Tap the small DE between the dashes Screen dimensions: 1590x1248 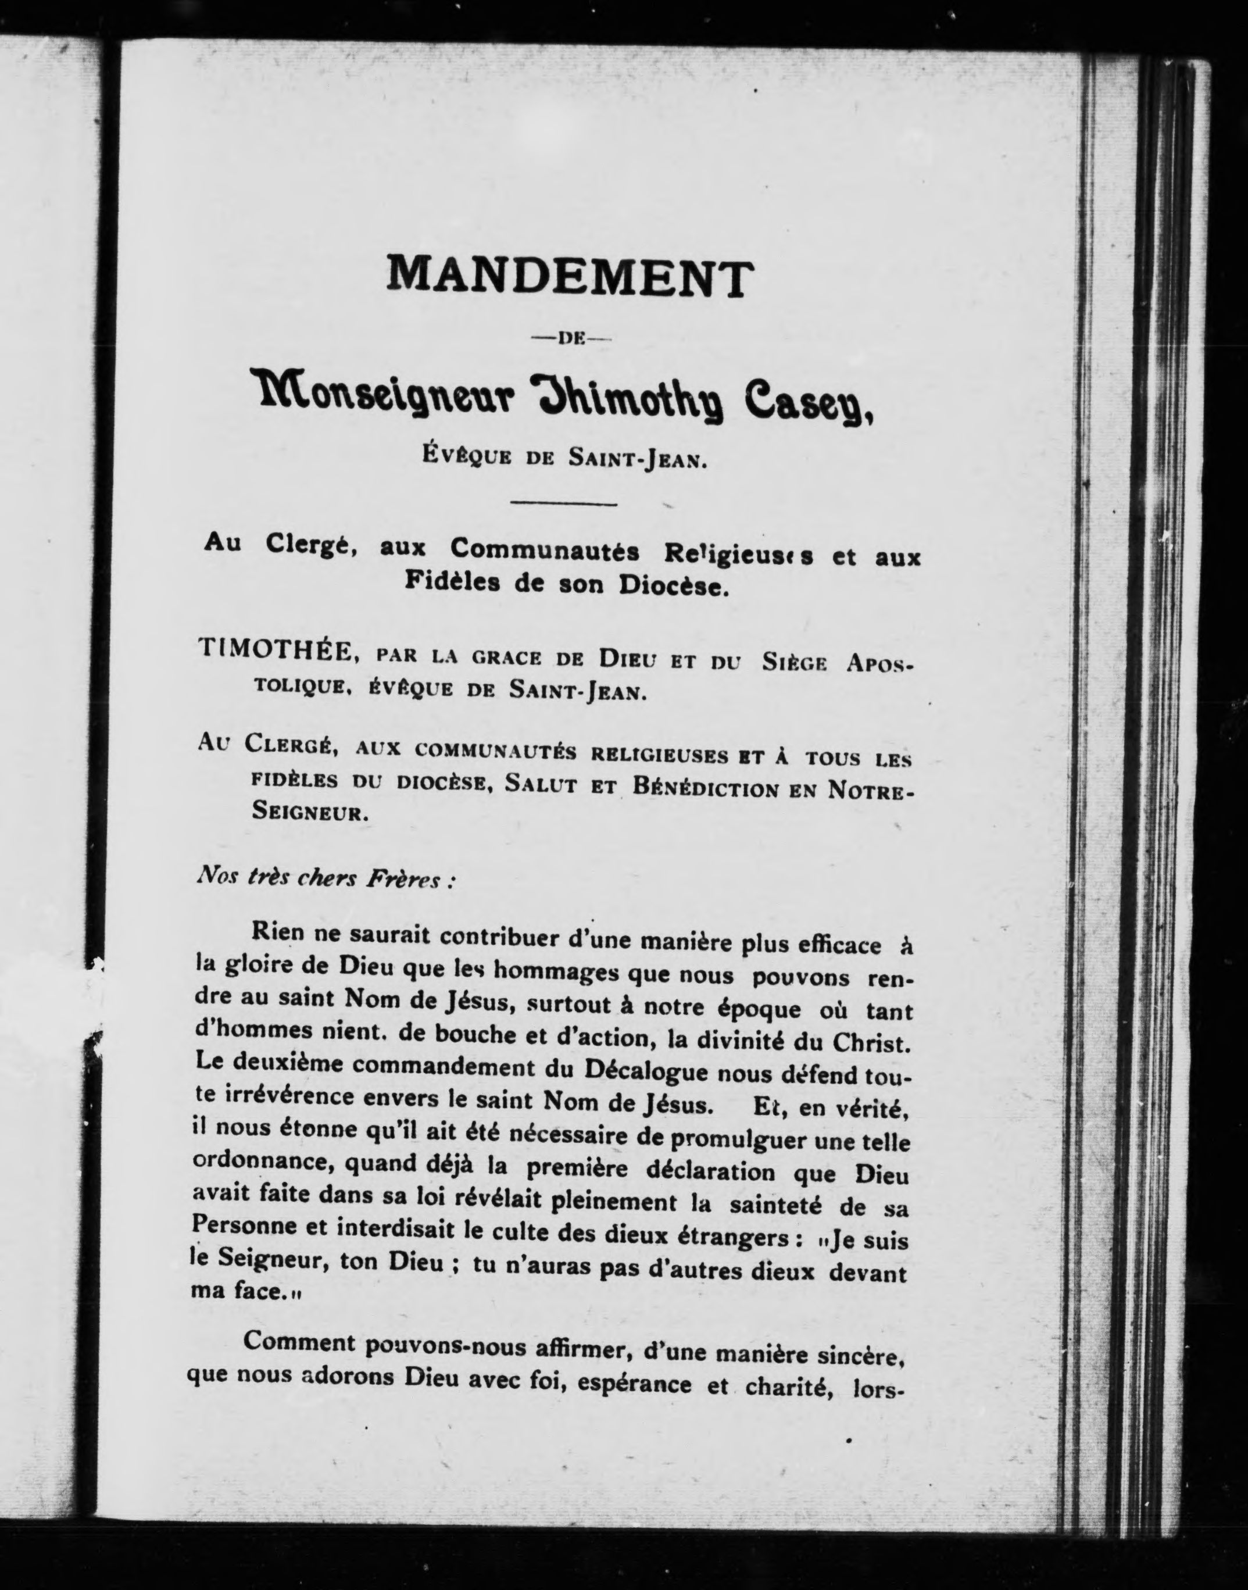click(x=568, y=338)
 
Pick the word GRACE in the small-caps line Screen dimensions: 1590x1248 click(x=506, y=658)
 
